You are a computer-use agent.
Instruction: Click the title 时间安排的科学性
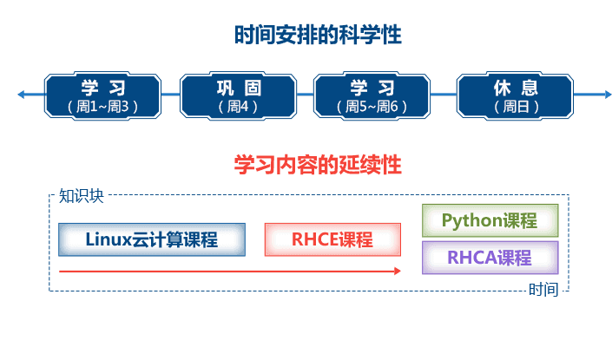coord(318,36)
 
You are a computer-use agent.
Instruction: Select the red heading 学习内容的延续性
coord(318,165)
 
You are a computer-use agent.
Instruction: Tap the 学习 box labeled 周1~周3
coord(103,95)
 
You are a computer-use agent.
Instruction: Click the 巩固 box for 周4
coord(238,95)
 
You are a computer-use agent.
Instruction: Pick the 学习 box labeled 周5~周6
coord(372,95)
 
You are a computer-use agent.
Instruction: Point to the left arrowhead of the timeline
coord(20,95)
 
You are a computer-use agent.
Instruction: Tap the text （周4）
coord(238,107)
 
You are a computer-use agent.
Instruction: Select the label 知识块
coord(81,195)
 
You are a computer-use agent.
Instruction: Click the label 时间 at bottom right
coord(543,290)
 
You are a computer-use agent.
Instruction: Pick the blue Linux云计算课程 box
coord(152,239)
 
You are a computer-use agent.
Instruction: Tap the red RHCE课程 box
coord(332,239)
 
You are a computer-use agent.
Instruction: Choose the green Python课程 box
coord(490,220)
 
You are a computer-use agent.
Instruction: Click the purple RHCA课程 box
coord(490,258)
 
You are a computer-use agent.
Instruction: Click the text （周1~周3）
coord(103,107)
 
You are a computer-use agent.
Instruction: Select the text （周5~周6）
coord(372,107)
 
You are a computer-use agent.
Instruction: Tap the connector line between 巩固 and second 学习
coord(305,95)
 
